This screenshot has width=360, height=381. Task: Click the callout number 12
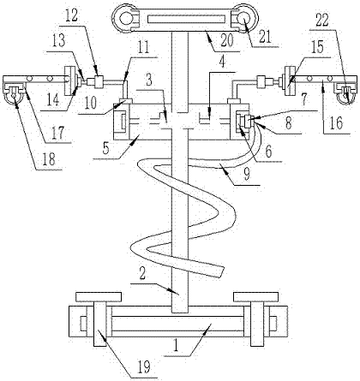(x=71, y=16)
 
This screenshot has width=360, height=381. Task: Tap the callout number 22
(x=322, y=21)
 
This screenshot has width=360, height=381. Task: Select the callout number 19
(x=145, y=367)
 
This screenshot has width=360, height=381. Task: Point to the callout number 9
(x=247, y=175)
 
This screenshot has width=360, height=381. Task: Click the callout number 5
(x=105, y=149)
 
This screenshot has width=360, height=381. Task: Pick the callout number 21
(x=265, y=37)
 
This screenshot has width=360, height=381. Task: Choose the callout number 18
(x=49, y=159)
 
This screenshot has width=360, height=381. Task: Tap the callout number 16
(x=337, y=123)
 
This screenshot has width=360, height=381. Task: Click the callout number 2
(x=142, y=273)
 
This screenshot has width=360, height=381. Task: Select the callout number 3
(x=149, y=80)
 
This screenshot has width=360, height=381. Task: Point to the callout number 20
(x=227, y=41)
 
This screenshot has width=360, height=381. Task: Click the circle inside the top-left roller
(x=124, y=20)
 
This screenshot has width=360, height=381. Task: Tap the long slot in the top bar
(x=186, y=20)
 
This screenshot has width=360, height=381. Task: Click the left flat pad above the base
(x=99, y=297)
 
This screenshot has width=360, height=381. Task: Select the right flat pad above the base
(x=255, y=297)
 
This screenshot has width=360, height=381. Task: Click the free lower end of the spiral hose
(x=219, y=271)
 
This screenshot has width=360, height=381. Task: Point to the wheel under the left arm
(x=14, y=98)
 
